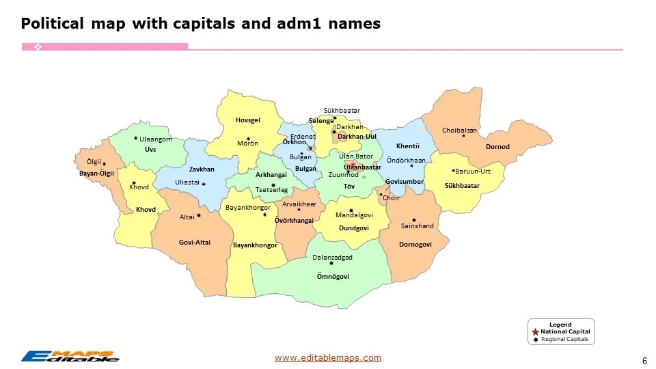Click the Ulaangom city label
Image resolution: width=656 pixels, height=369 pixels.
[156, 139]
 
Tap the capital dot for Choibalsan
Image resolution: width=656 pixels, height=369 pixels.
[464, 136]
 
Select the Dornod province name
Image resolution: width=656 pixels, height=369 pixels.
[497, 147]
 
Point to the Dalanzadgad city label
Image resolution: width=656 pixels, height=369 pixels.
[332, 258]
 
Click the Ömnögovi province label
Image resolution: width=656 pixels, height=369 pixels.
[333, 277]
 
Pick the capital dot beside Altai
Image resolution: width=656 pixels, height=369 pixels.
[199, 216]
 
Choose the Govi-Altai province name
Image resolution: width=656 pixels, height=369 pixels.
[195, 243]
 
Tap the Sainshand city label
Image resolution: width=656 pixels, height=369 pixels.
[417, 226]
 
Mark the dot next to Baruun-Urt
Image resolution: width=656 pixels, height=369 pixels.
[454, 170]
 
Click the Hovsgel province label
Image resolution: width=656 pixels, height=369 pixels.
[248, 120]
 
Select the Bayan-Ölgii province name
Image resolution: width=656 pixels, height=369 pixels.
[96, 174]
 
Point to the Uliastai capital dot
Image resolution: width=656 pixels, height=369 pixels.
[204, 183]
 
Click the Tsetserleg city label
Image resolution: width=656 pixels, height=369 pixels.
[271, 190]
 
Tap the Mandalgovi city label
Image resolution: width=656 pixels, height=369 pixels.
[354, 215]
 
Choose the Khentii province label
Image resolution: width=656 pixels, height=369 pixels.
[407, 146]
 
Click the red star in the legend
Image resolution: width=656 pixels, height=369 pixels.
[535, 331]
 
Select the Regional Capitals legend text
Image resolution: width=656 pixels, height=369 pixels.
[564, 339]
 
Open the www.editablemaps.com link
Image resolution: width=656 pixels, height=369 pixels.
[328, 358]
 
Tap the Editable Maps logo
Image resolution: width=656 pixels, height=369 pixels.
[70, 356]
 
